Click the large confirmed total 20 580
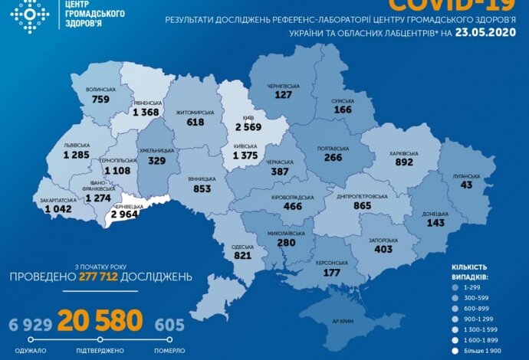click(100, 321)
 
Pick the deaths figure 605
click(169, 325)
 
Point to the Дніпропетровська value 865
click(352, 207)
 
